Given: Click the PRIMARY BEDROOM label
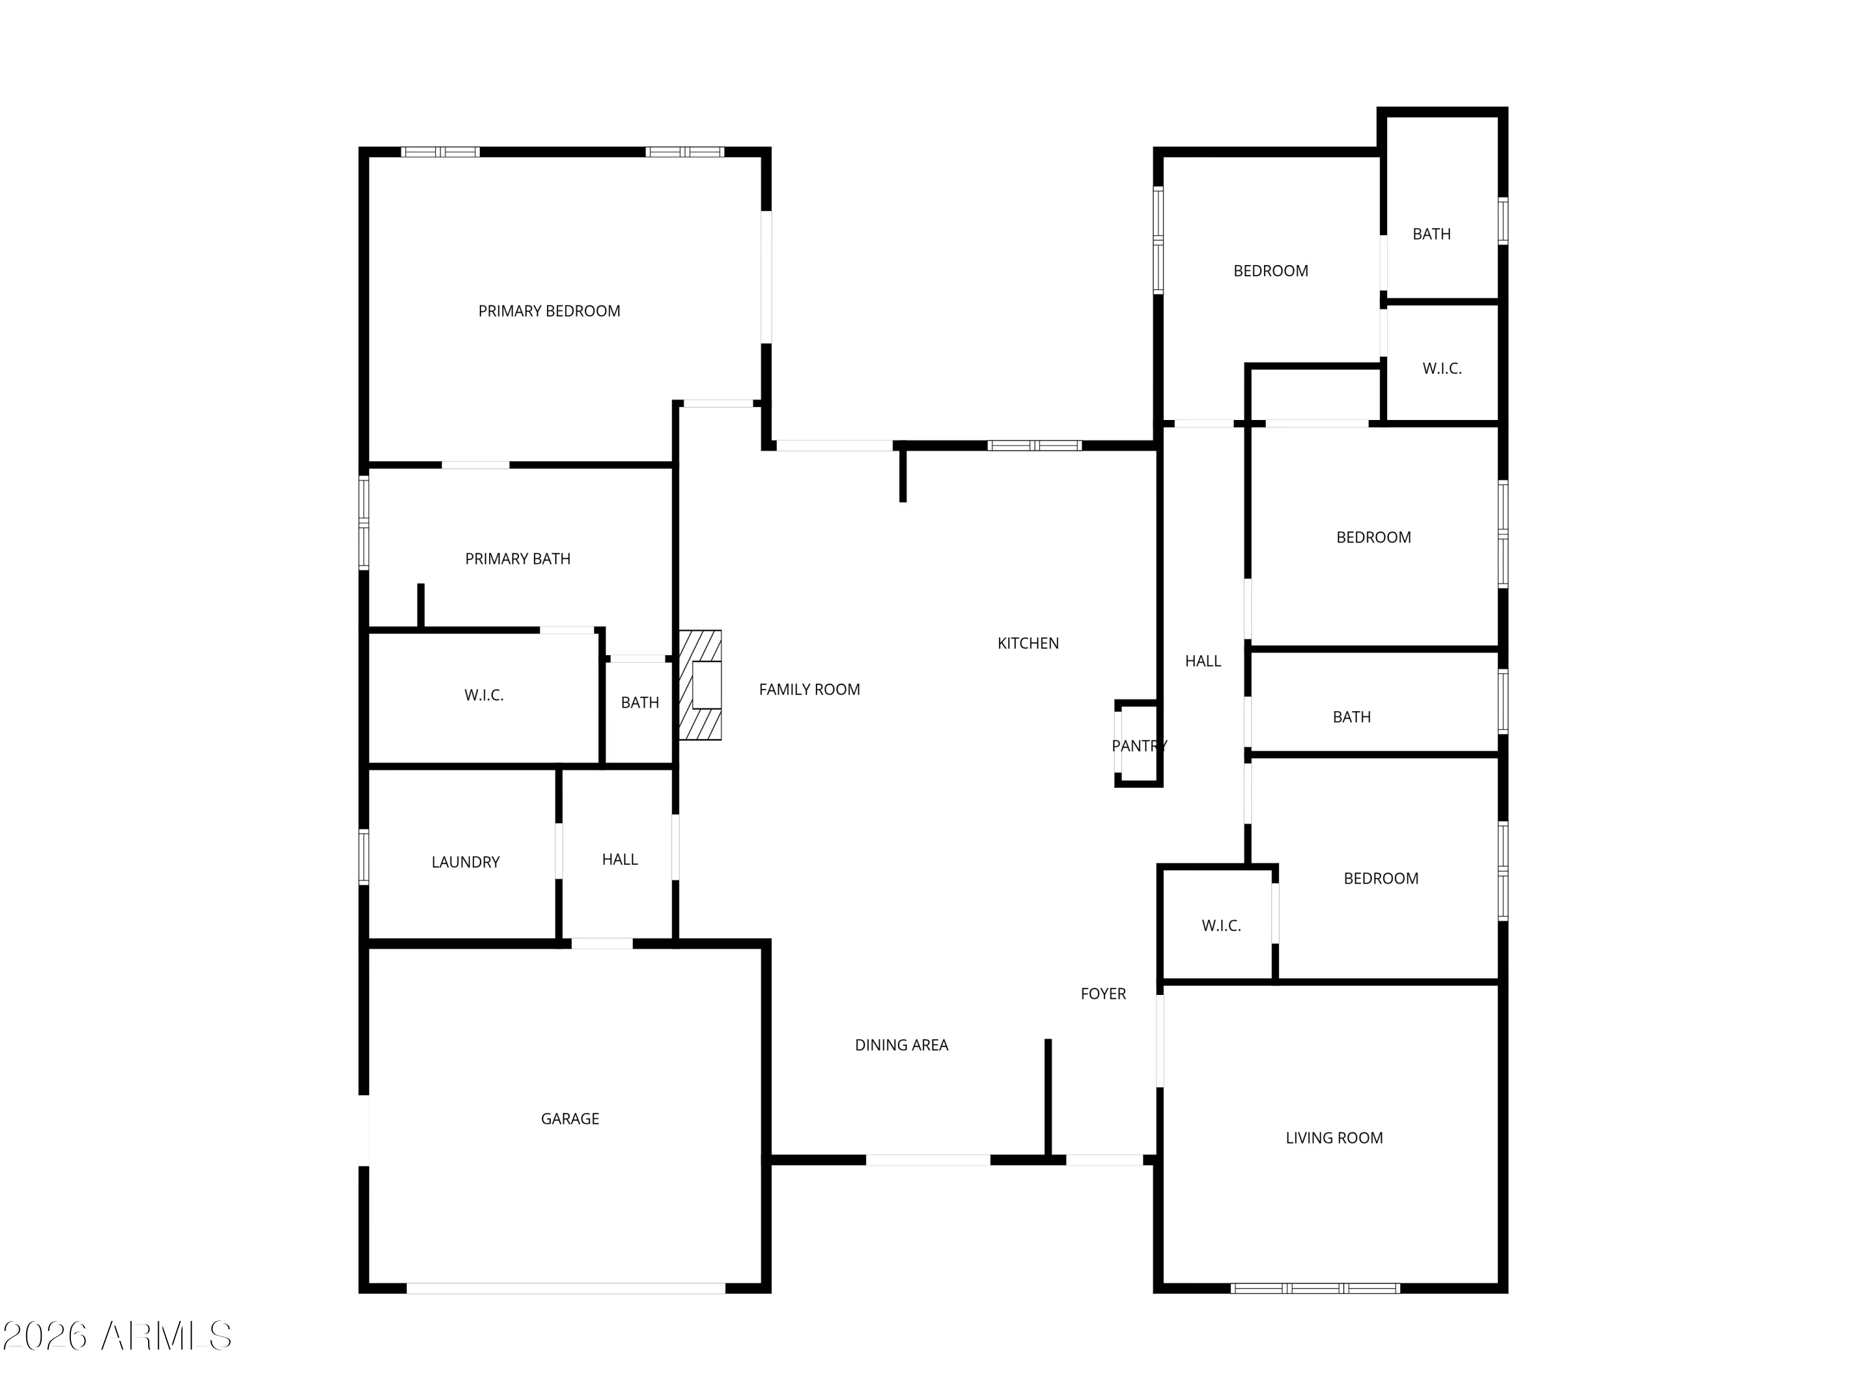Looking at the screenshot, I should (x=549, y=311).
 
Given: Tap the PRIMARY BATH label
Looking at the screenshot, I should (x=517, y=559).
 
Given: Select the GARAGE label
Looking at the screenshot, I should (x=569, y=1119).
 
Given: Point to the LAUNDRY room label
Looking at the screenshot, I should (x=465, y=862).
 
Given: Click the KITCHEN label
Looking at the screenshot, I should (x=1027, y=643).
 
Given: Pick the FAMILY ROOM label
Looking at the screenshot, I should (x=808, y=689).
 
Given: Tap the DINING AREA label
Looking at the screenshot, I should (x=901, y=1045).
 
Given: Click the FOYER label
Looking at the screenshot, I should (x=1103, y=994).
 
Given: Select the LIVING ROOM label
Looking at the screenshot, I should (x=1334, y=1137).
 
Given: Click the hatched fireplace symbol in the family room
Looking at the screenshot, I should (x=701, y=685).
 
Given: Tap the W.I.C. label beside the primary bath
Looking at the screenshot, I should (x=484, y=696).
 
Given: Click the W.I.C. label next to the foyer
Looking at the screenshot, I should (x=1221, y=926).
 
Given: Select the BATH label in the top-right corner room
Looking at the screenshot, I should (x=1431, y=234).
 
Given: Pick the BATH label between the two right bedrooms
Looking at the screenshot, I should (x=1351, y=717).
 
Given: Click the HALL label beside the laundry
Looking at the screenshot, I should (x=619, y=859).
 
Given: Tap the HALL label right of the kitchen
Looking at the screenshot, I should (x=1203, y=661).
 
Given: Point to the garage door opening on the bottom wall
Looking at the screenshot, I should (x=566, y=1289).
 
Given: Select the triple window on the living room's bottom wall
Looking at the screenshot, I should (x=1315, y=1289).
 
